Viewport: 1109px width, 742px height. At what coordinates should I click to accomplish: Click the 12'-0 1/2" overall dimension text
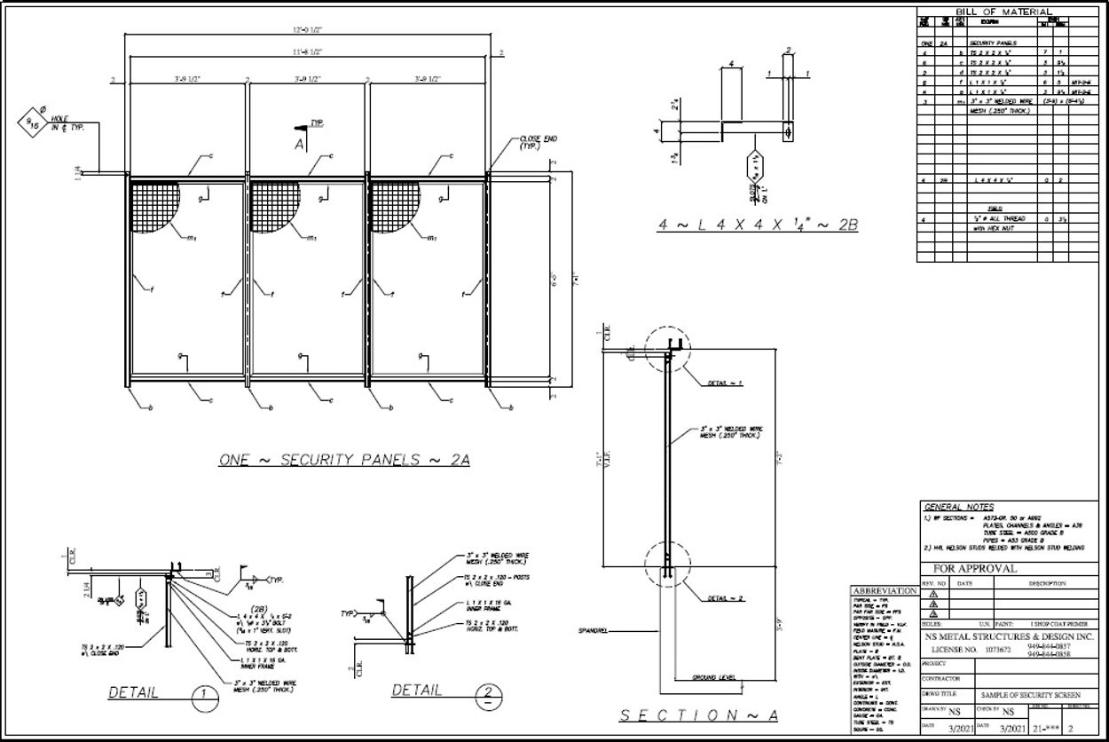point(310,30)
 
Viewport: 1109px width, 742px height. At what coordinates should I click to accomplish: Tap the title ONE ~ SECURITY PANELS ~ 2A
point(344,460)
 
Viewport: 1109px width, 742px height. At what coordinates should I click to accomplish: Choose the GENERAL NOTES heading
point(959,507)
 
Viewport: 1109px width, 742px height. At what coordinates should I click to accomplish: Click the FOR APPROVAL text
point(974,568)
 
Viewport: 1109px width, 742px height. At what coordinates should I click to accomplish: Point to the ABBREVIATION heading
point(885,590)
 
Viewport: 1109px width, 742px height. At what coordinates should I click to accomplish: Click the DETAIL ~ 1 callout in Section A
point(725,383)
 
